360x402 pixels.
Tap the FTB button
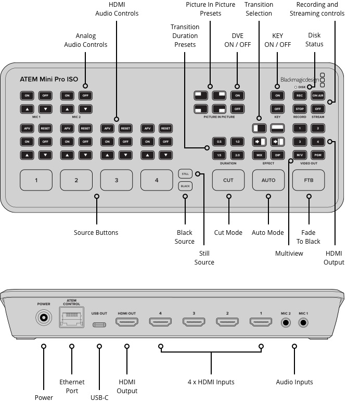pyautogui.click(x=309, y=180)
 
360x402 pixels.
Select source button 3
pyautogui.click(x=116, y=180)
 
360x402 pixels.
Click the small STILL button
pyautogui.click(x=185, y=174)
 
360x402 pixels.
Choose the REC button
pyautogui.click(x=300, y=95)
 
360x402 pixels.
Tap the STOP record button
pyautogui.click(x=300, y=109)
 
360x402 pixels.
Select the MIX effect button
pyautogui.click(x=259, y=155)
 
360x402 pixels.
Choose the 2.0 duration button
pyautogui.click(x=237, y=155)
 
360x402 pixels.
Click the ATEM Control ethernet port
pyautogui.click(x=71, y=318)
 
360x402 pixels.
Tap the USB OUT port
pyautogui.click(x=99, y=324)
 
